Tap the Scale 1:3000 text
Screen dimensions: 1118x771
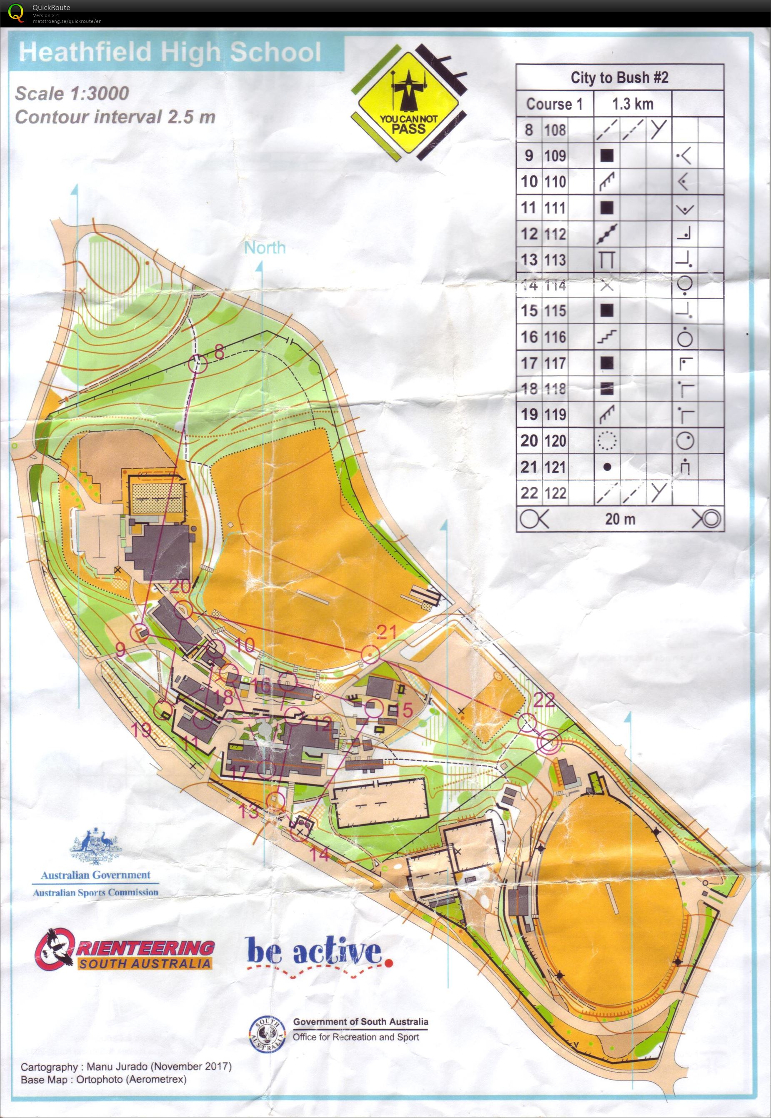coord(72,93)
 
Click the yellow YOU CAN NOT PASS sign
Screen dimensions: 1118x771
coord(409,112)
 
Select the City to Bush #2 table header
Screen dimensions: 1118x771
coord(619,78)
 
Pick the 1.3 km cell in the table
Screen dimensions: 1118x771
coord(632,104)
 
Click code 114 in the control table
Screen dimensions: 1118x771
coord(555,285)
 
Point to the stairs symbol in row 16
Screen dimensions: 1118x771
coord(607,337)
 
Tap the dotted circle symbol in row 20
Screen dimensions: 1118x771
coord(607,440)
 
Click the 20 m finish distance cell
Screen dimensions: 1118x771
coord(620,519)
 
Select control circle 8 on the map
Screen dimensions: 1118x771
coord(197,363)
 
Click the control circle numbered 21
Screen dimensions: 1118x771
coord(370,653)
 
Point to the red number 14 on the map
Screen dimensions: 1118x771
coord(319,854)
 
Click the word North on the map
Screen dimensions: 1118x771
coord(265,248)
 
